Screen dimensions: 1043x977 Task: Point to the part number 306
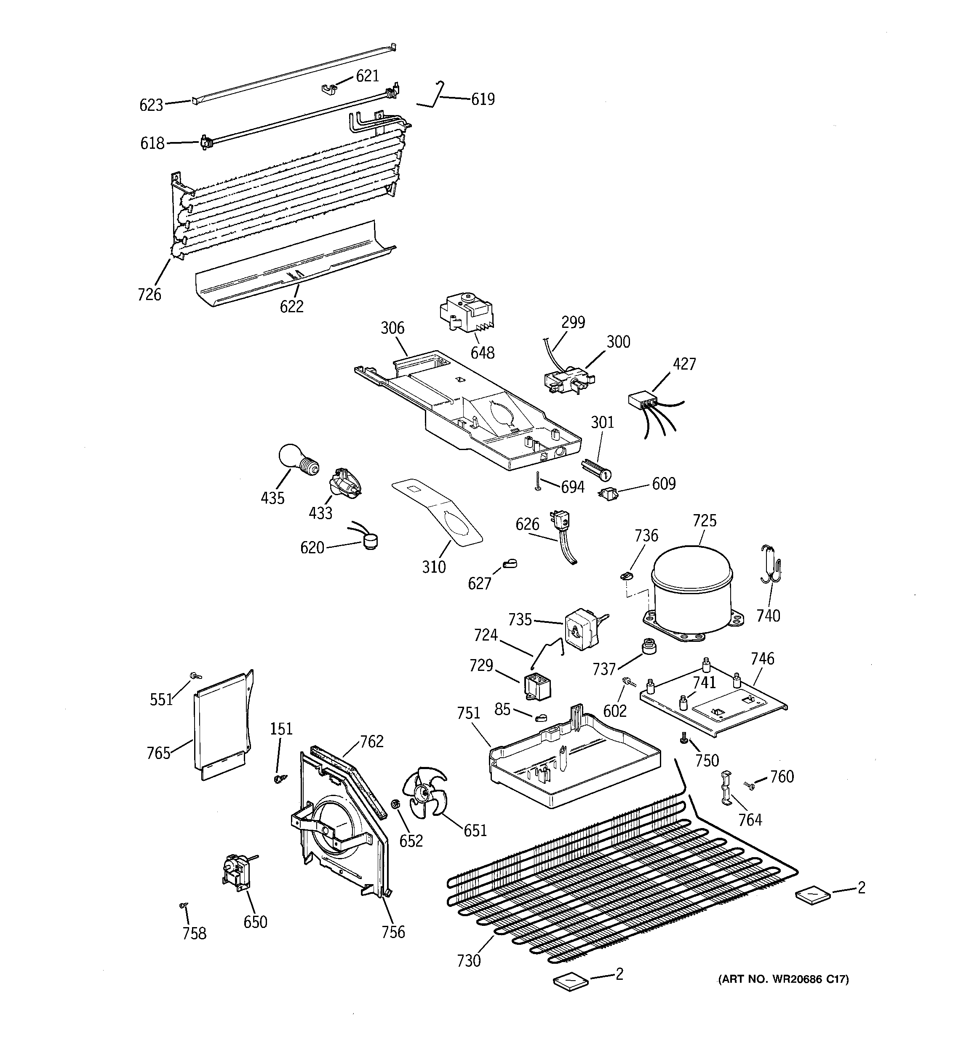392,328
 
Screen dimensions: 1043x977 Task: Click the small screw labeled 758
183,905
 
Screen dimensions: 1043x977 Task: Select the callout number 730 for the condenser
468,961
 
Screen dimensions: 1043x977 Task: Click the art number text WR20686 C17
783,979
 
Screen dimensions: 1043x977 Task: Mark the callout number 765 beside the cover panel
158,753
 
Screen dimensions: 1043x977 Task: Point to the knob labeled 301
597,469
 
